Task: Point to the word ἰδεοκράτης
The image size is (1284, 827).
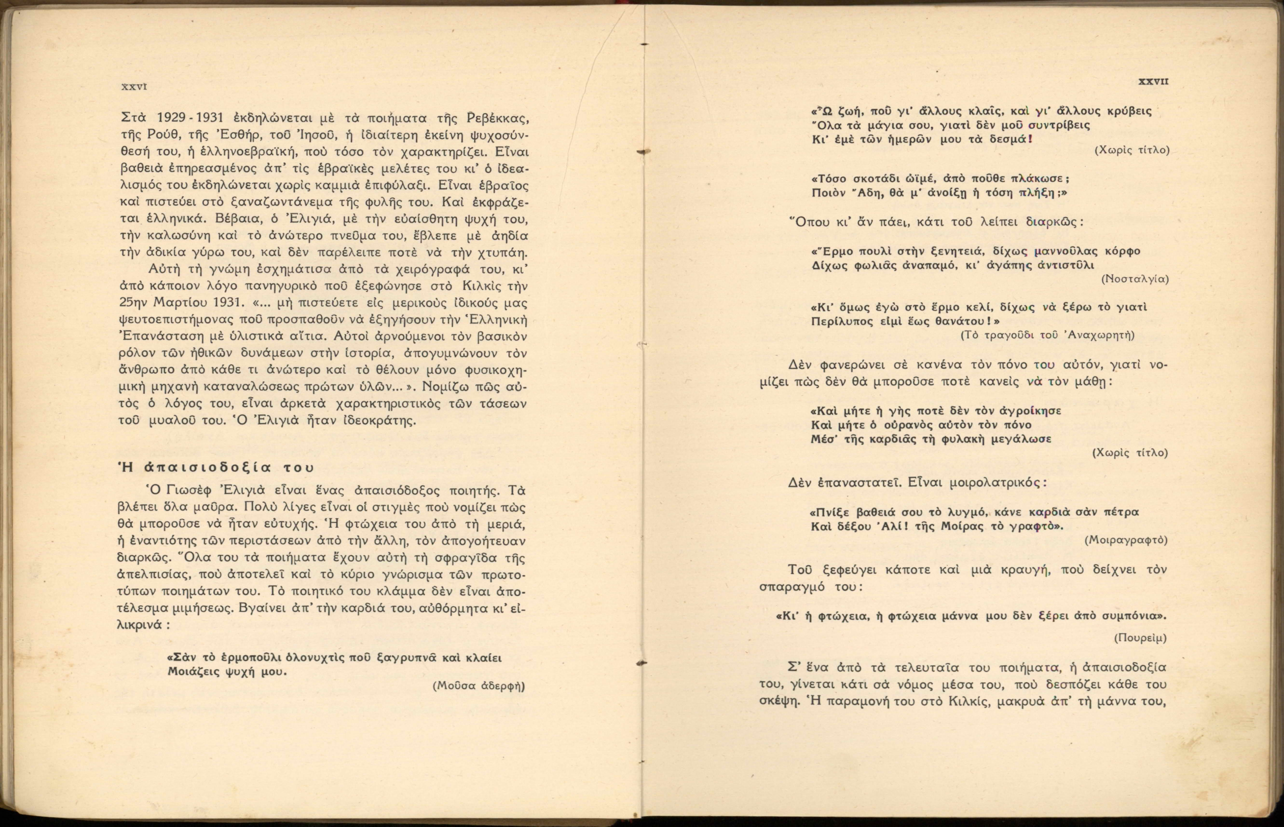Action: pos(381,420)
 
